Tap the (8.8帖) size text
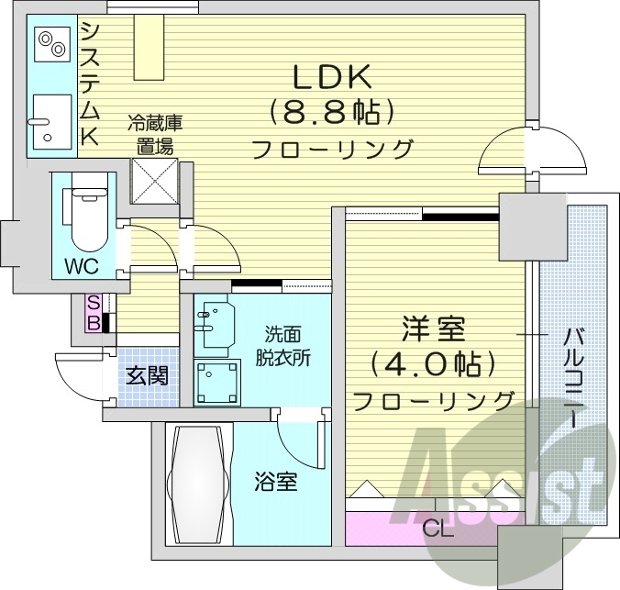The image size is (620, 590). [331, 113]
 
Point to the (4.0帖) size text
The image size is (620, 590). [434, 364]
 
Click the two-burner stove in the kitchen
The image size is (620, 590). [49, 42]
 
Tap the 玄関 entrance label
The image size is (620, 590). [147, 375]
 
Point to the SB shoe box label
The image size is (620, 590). [94, 312]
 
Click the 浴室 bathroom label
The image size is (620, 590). [275, 480]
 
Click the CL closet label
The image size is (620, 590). [437, 529]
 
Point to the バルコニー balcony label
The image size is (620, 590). [570, 375]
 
